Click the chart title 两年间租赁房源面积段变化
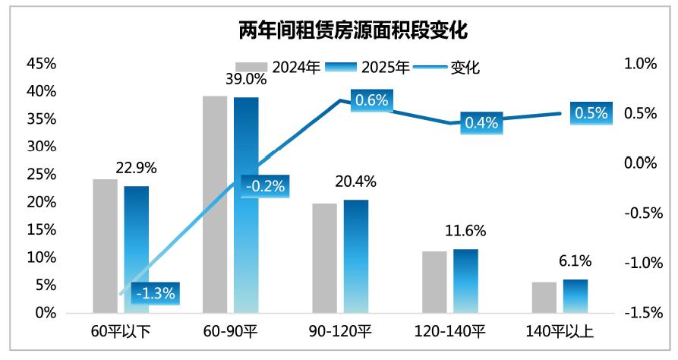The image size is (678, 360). (x=339, y=30)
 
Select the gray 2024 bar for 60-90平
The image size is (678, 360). (x=215, y=204)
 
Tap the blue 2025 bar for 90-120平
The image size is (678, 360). (x=356, y=256)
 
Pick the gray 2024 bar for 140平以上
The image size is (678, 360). (x=544, y=297)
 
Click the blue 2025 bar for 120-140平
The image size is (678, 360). (x=465, y=280)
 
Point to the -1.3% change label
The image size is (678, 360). (x=155, y=292)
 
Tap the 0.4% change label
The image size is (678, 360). (x=481, y=122)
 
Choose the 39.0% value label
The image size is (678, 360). (x=246, y=78)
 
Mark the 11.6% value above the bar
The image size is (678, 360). (x=466, y=231)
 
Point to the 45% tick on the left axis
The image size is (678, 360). (x=42, y=64)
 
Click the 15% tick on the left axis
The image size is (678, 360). (x=42, y=230)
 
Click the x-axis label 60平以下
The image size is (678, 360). (x=121, y=332)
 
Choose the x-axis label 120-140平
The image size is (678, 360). (x=450, y=332)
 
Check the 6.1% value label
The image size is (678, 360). (x=576, y=261)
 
